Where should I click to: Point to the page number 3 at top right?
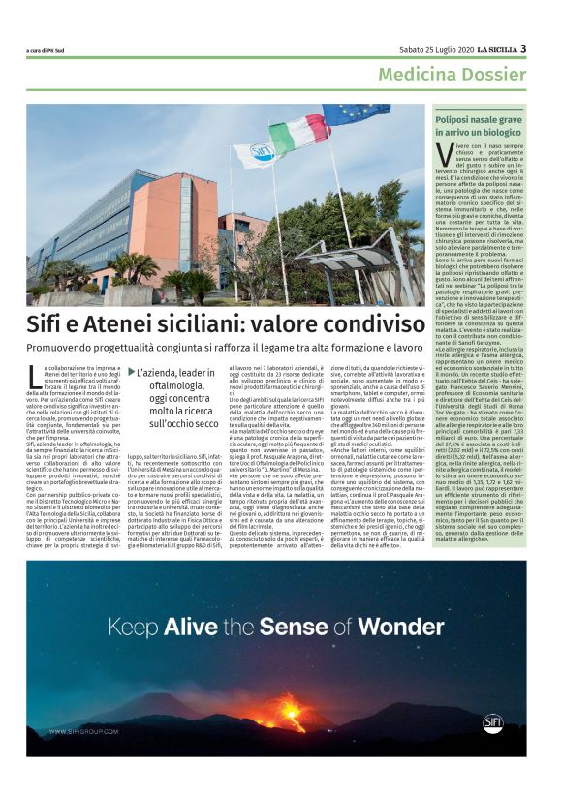click(x=523, y=48)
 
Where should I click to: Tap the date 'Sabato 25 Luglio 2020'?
click(x=434, y=49)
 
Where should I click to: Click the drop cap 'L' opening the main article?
click(x=35, y=372)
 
